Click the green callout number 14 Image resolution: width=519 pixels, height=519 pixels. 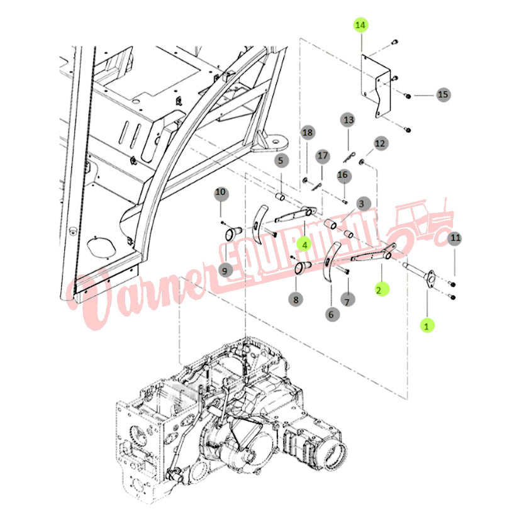[x=360, y=26]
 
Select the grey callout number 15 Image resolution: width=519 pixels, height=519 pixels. [x=443, y=94]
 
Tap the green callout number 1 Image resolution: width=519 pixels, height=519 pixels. [x=427, y=326]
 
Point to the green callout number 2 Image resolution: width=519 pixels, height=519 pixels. [x=382, y=289]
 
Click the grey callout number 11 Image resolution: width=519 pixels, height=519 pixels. [x=455, y=238]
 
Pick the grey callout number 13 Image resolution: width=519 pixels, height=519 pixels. [x=349, y=120]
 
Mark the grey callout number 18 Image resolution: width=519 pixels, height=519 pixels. [x=308, y=133]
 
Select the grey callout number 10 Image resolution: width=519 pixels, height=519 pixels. [x=220, y=193]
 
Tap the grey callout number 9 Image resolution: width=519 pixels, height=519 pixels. [x=225, y=271]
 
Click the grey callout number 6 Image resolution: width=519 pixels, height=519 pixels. [x=332, y=314]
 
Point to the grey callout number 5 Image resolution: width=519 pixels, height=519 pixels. [x=281, y=161]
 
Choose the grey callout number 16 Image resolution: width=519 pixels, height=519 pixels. [x=343, y=175]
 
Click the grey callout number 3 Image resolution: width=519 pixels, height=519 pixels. [x=362, y=204]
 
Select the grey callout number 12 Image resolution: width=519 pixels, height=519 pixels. [x=380, y=143]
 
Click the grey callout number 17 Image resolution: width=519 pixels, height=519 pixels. [x=322, y=156]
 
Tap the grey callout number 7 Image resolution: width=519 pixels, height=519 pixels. [x=347, y=301]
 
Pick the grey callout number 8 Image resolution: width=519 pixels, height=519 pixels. [x=296, y=300]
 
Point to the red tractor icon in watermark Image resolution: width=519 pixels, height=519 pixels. [x=420, y=225]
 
